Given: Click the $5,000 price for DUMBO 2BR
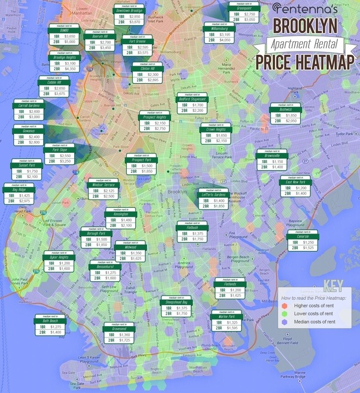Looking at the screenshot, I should [70, 42].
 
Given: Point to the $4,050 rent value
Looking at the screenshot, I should [225, 40].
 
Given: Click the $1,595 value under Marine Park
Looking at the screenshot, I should [231, 328].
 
